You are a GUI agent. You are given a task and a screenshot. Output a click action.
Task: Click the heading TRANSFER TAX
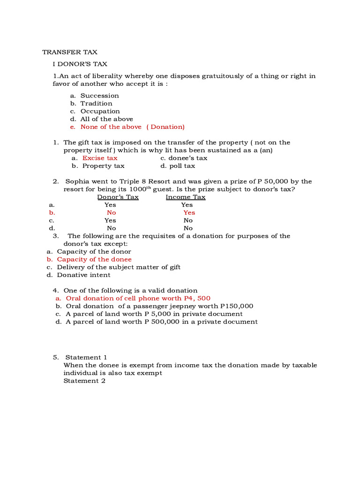pyautogui.click(x=70, y=52)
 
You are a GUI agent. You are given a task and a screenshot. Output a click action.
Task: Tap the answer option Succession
pyautogui.click(x=99, y=96)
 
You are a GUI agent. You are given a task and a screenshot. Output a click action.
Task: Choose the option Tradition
pyautogui.click(x=96, y=104)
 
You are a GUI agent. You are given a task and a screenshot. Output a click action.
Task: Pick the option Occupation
pyautogui.click(x=100, y=111)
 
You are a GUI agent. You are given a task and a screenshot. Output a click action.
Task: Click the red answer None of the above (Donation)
pyautogui.click(x=132, y=127)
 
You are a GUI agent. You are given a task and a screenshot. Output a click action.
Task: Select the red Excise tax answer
pyautogui.click(x=100, y=158)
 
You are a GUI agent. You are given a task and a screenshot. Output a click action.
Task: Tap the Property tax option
pyautogui.click(x=103, y=166)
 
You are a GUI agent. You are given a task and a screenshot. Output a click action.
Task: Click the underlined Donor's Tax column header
pyautogui.click(x=118, y=197)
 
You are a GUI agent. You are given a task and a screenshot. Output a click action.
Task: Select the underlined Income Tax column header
pyautogui.click(x=186, y=197)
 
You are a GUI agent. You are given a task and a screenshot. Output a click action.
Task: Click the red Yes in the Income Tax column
pyautogui.click(x=189, y=213)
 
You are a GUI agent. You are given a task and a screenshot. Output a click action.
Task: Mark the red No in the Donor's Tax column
pyautogui.click(x=111, y=213)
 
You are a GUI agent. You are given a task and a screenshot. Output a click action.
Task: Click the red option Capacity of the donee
pyautogui.click(x=94, y=260)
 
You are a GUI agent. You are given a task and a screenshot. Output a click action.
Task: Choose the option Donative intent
pyautogui.click(x=83, y=275)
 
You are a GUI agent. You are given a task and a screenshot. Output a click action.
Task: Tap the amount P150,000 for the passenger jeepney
pyautogui.click(x=236, y=306)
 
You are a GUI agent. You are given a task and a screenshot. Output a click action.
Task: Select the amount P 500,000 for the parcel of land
pyautogui.click(x=165, y=322)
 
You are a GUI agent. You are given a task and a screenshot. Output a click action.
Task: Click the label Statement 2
pyautogui.click(x=84, y=381)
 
